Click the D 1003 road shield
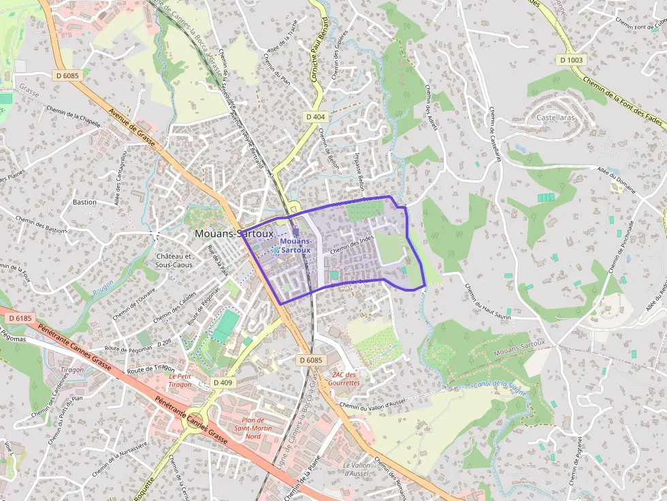572,60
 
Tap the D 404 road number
315,117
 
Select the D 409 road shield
223,383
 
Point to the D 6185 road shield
20,318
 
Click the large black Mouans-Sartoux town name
233,233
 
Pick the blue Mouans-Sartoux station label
295,245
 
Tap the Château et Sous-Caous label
174,260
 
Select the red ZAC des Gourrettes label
345,379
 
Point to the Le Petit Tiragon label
180,380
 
